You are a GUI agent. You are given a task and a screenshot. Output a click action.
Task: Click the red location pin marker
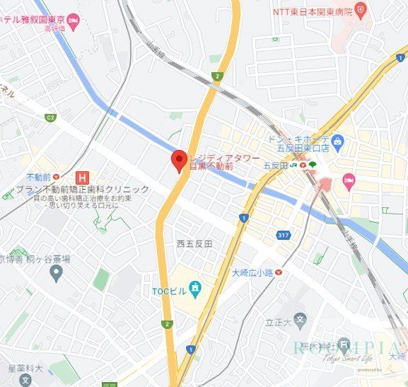[178, 160]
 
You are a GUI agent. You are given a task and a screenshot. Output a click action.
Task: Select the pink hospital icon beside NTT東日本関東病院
[361, 11]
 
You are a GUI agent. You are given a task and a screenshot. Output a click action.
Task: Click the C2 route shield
[50, 117]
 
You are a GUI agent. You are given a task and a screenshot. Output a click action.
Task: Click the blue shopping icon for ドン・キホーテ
[337, 143]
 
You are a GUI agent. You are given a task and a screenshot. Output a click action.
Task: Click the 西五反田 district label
[194, 243]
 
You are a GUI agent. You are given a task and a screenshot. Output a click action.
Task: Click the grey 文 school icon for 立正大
[300, 320]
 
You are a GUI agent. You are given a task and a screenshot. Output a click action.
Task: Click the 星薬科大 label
[25, 368]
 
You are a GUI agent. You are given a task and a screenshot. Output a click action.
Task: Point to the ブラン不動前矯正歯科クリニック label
[83, 189]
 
